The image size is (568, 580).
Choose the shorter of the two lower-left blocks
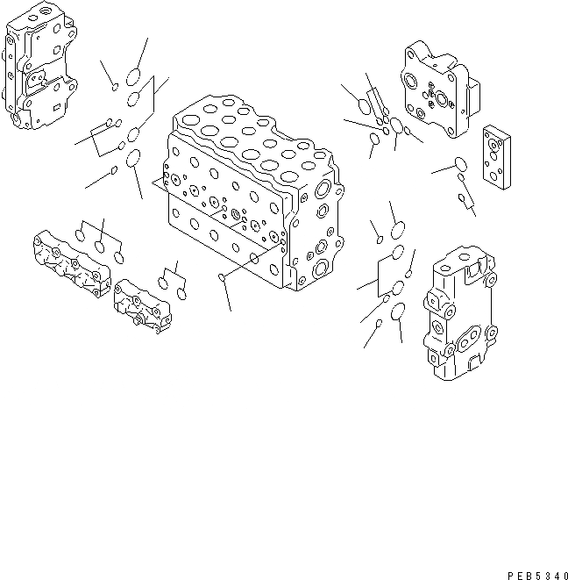pyautogui.click(x=143, y=306)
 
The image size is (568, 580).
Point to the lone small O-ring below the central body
pyautogui.click(x=223, y=280)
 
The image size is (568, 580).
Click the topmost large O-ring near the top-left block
pyautogui.click(x=134, y=75)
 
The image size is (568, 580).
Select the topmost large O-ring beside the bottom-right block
pyautogui.click(x=397, y=231)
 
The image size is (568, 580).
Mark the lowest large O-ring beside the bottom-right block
pyautogui.click(x=397, y=311)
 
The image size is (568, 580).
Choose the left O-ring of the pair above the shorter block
pyautogui.click(x=163, y=282)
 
